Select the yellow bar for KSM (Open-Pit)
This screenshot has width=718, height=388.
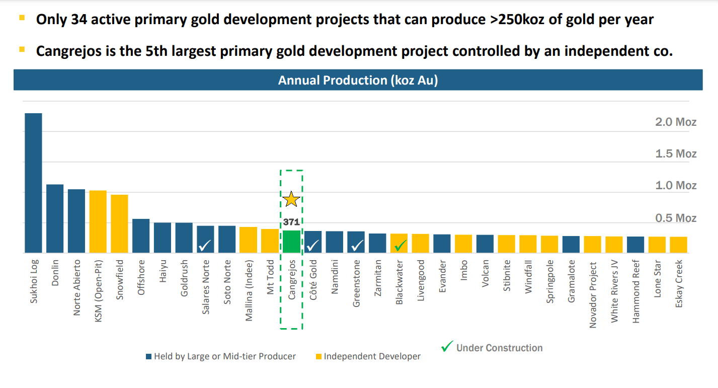click(x=98, y=221)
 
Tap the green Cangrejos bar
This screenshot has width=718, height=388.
click(x=291, y=242)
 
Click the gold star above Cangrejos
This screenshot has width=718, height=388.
click(x=291, y=199)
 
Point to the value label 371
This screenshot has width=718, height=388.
click(x=291, y=221)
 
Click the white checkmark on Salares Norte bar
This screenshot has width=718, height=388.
click(x=205, y=246)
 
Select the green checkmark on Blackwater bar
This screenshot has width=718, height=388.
click(x=400, y=246)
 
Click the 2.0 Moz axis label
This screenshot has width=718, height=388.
click(x=676, y=122)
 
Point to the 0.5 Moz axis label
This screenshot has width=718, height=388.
click(x=676, y=218)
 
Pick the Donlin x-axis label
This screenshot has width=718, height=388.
click(x=55, y=273)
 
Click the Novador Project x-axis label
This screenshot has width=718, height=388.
click(x=593, y=295)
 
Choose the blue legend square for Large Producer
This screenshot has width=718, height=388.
click(x=148, y=357)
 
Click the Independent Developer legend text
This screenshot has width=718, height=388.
click(x=372, y=356)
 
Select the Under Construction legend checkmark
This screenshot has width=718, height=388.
click(x=447, y=347)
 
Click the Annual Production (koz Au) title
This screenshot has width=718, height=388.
click(x=358, y=80)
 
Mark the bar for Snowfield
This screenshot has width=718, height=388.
click(x=119, y=223)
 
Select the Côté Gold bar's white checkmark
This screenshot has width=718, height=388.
click(x=313, y=246)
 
